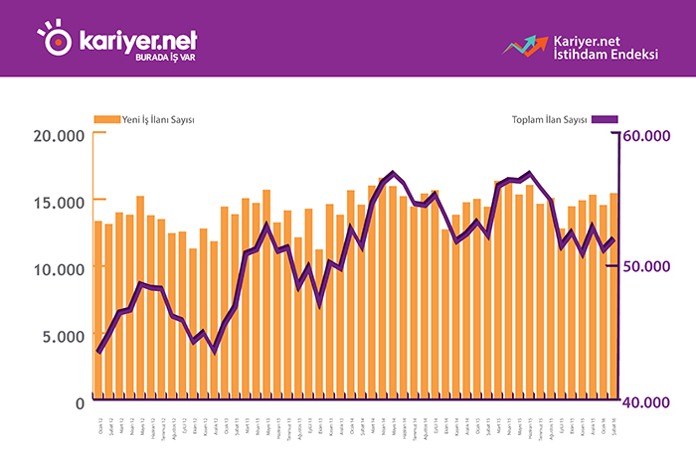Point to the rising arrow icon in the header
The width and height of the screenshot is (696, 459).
point(525,45)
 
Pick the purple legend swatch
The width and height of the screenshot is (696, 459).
point(605,119)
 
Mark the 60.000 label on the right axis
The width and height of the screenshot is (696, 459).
point(657,136)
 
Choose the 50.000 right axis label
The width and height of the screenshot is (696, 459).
point(657,269)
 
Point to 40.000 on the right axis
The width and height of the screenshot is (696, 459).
point(657,401)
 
